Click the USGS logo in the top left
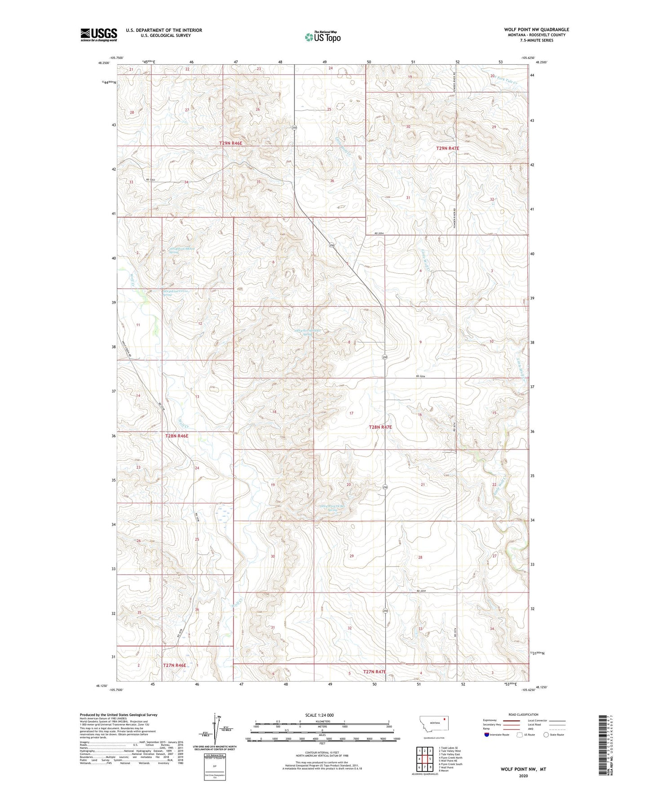pyautogui.click(x=99, y=35)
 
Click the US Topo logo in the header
pyautogui.click(x=323, y=37)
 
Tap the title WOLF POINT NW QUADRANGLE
pyautogui.click(x=536, y=30)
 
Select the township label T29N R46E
pyautogui.click(x=231, y=143)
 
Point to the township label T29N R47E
pyautogui.click(x=448, y=148)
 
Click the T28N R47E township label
pyautogui.click(x=380, y=427)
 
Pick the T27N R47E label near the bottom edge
pyautogui.click(x=375, y=672)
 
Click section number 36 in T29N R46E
pyautogui.click(x=332, y=181)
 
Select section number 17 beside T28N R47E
pyautogui.click(x=351, y=413)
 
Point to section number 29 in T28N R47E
pyautogui.click(x=351, y=556)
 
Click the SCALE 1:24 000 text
pyautogui.click(x=319, y=715)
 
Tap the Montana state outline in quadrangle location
pyautogui.click(x=433, y=736)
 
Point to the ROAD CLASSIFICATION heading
pyautogui.click(x=523, y=714)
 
